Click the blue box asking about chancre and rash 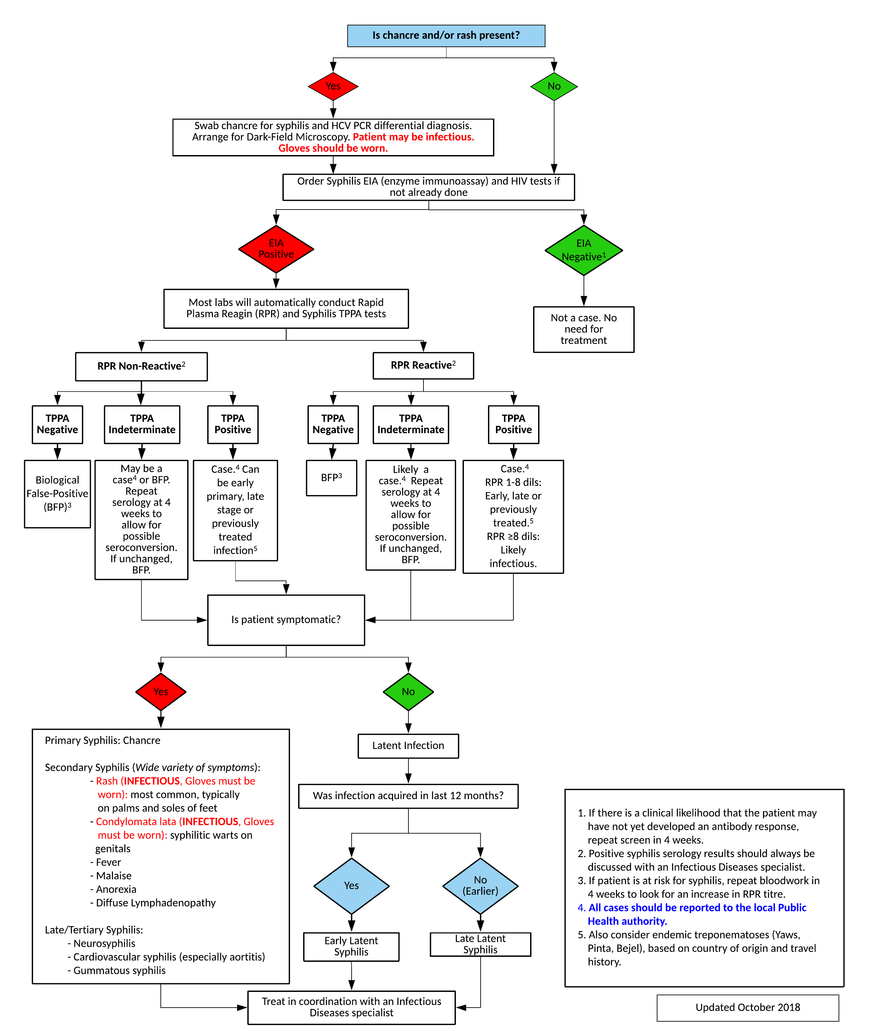pyautogui.click(x=446, y=35)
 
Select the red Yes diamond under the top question pyautogui.click(x=333, y=86)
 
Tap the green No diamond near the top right pyautogui.click(x=554, y=86)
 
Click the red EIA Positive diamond pyautogui.click(x=276, y=249)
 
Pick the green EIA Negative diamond pyautogui.click(x=584, y=250)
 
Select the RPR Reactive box pyautogui.click(x=423, y=365)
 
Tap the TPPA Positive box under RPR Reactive pyautogui.click(x=513, y=424)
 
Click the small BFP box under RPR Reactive pyautogui.click(x=332, y=478)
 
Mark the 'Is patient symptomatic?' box pyautogui.click(x=286, y=620)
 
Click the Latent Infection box pyautogui.click(x=408, y=746)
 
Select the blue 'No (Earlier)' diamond pyautogui.click(x=480, y=886)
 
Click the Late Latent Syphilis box pyautogui.click(x=480, y=944)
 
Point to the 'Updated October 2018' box pyautogui.click(x=747, y=1007)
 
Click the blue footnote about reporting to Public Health pyautogui.click(x=697, y=914)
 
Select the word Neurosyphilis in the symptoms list pyautogui.click(x=104, y=943)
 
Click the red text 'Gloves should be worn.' pyautogui.click(x=333, y=148)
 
